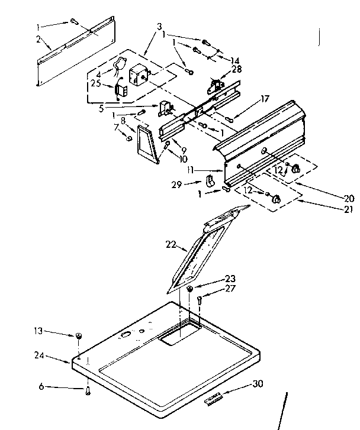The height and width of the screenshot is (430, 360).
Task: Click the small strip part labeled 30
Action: (x=214, y=400)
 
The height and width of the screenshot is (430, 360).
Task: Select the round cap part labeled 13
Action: (x=78, y=336)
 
